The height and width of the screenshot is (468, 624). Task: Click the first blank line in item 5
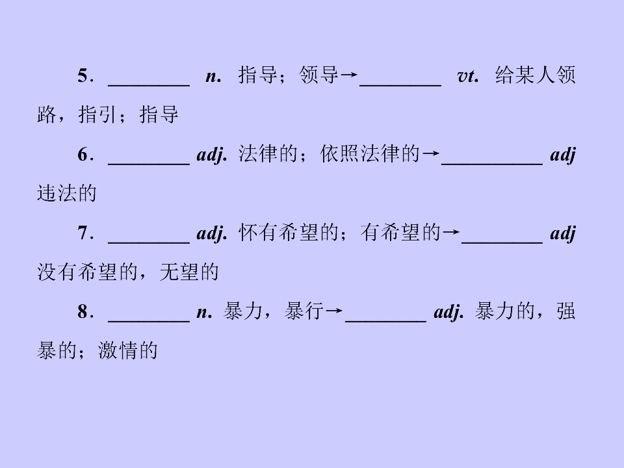[149, 85]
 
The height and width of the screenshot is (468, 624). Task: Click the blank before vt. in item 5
[400, 85]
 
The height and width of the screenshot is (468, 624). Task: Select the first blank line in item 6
[149, 164]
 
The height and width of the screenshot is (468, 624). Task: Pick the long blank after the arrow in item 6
[492, 164]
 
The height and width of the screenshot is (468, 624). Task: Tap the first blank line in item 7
[149, 242]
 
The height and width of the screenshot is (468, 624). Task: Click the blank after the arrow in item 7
[502, 242]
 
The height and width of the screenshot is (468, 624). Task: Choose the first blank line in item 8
[149, 321]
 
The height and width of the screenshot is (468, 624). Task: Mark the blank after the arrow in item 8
[386, 321]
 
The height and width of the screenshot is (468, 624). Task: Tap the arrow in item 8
[334, 311]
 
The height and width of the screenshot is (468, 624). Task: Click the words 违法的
[67, 194]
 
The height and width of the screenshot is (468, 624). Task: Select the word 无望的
[189, 272]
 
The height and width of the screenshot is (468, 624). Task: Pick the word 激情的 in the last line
[128, 350]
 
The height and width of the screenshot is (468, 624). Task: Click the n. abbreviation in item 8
[205, 313]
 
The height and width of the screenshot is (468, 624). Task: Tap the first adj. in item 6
[212, 155]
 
